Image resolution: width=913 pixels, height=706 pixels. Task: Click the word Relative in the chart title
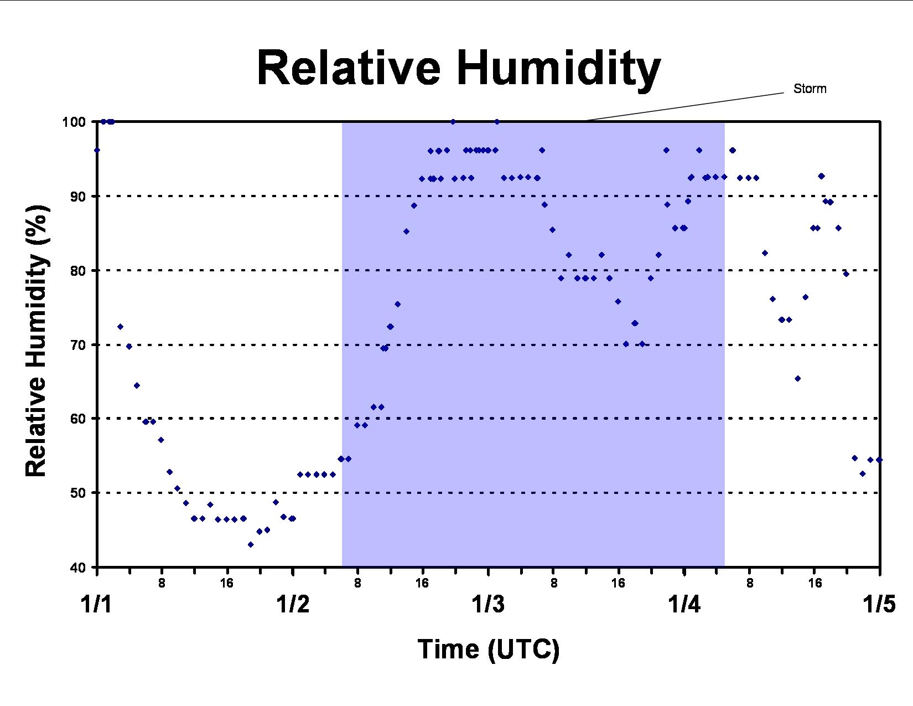click(x=349, y=68)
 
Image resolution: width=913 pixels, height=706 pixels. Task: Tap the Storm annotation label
click(x=810, y=89)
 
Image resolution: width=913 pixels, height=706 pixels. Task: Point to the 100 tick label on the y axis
click(x=74, y=122)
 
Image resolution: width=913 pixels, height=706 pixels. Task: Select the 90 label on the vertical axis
click(x=78, y=197)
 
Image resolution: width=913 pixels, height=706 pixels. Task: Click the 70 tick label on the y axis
click(x=78, y=345)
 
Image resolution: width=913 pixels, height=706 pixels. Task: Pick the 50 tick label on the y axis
click(x=78, y=493)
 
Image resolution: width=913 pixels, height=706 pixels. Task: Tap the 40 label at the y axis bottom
click(x=78, y=568)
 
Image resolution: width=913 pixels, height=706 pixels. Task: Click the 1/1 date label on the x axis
click(x=96, y=605)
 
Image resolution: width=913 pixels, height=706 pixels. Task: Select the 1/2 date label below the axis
click(x=293, y=605)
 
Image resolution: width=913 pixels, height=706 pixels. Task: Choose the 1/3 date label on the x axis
click(x=488, y=605)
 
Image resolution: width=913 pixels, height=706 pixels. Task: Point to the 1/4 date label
click(x=684, y=605)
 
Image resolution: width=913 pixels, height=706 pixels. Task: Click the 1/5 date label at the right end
click(x=879, y=605)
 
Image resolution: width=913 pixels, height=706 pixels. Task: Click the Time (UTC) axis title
click(x=489, y=650)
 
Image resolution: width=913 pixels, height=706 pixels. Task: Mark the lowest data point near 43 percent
click(x=251, y=544)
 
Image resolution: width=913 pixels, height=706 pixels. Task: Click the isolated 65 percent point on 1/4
click(x=798, y=378)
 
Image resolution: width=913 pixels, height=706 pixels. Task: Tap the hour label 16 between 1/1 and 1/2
click(x=226, y=583)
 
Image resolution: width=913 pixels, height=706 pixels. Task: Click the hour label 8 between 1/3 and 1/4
click(x=554, y=583)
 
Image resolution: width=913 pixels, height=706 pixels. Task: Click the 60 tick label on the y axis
click(x=78, y=419)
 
